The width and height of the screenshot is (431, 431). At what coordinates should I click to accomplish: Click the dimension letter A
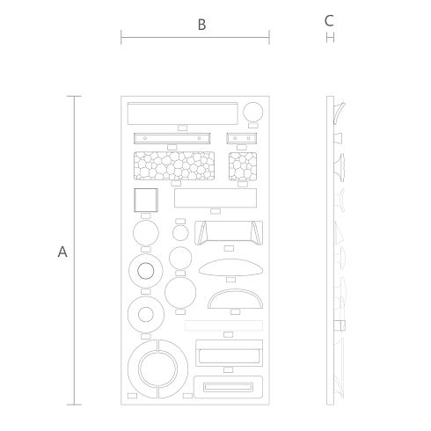tap(62, 252)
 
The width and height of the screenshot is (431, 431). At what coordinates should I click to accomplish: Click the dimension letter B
tap(201, 25)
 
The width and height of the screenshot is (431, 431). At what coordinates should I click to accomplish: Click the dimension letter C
tap(329, 21)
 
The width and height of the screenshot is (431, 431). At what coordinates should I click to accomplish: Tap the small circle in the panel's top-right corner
tap(253, 112)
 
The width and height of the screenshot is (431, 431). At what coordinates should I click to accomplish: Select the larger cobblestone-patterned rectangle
tap(174, 165)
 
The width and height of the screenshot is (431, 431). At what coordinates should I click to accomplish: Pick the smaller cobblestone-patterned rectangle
tap(243, 166)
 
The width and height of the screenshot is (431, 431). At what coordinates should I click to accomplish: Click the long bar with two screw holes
tap(172, 138)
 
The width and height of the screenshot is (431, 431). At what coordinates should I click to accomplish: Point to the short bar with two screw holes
tap(242, 138)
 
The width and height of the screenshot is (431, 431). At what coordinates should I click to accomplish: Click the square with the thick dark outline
tap(146, 200)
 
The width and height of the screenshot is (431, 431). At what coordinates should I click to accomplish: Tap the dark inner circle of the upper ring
tap(146, 271)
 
